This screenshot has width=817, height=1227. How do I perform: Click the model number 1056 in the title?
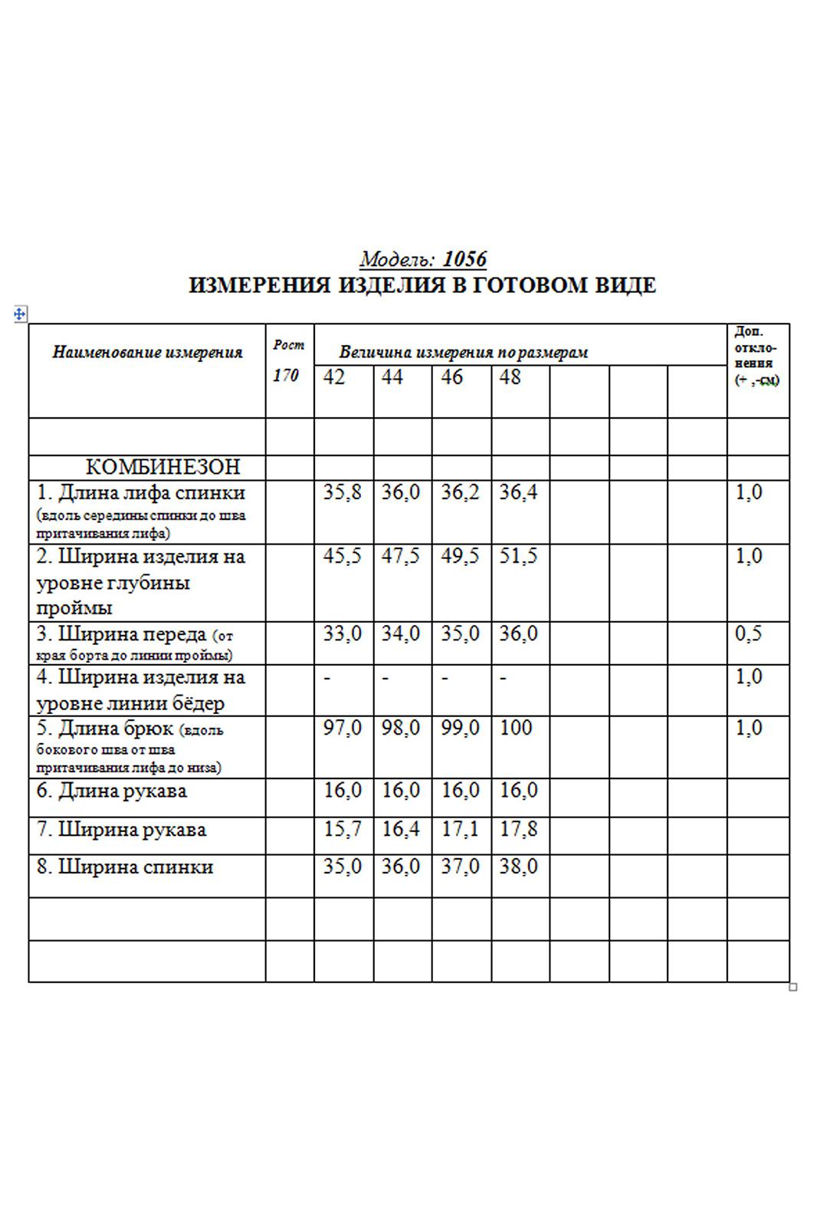(464, 259)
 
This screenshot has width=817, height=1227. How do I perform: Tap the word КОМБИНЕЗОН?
(162, 466)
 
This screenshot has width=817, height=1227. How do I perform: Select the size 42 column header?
(334, 377)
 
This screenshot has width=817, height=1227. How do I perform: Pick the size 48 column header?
(510, 377)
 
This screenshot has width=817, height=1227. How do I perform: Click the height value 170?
(285, 376)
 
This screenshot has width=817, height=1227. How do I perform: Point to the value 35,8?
(342, 492)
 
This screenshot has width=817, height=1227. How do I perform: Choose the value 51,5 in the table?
(518, 556)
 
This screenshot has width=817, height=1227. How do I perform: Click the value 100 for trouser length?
(515, 728)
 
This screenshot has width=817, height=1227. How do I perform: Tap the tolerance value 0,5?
(748, 634)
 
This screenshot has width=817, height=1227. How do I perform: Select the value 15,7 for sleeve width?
(342, 829)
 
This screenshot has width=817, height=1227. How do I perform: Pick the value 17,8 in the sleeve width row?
(518, 829)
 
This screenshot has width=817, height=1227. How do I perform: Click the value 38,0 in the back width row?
(518, 867)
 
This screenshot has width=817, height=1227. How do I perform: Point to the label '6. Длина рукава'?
(112, 791)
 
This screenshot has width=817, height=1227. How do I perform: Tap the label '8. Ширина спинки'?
(125, 867)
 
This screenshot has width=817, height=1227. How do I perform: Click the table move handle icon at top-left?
(20, 314)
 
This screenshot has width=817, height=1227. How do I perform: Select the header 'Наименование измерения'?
(147, 353)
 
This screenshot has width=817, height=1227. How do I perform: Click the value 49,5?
(460, 556)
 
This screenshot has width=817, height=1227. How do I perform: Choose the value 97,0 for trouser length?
(342, 728)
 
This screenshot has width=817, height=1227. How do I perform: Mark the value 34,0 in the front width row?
(401, 634)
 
